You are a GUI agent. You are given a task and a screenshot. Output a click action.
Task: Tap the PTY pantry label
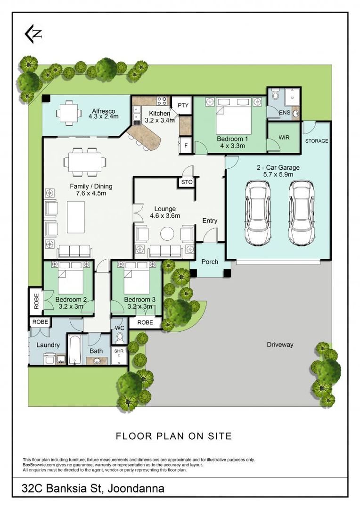pyautogui.click(x=183, y=105)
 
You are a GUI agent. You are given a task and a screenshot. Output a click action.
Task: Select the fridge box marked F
pyautogui.click(x=186, y=146)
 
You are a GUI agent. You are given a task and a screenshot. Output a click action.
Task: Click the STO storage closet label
pyautogui.click(x=187, y=182)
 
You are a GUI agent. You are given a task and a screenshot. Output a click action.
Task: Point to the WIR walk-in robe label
pyautogui.click(x=284, y=137)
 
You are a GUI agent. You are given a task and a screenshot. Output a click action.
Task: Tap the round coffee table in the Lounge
pyautogui.click(x=167, y=233)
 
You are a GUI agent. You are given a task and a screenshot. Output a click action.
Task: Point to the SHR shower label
pyautogui.click(x=119, y=351)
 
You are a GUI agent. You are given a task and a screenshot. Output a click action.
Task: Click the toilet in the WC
pyautogui.click(x=120, y=337)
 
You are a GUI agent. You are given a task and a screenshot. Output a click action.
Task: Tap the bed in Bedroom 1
pyautogui.click(x=233, y=115)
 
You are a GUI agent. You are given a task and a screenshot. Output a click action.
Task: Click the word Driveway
pyautogui.click(x=280, y=345)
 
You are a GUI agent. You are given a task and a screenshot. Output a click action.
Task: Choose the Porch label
pyautogui.click(x=210, y=262)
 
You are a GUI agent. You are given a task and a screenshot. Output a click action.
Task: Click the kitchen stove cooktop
pyautogui.click(x=162, y=101)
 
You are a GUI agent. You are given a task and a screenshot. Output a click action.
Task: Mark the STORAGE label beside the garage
pyautogui.click(x=317, y=141)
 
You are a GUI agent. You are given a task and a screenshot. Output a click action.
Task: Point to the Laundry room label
pyautogui.click(x=48, y=345)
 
